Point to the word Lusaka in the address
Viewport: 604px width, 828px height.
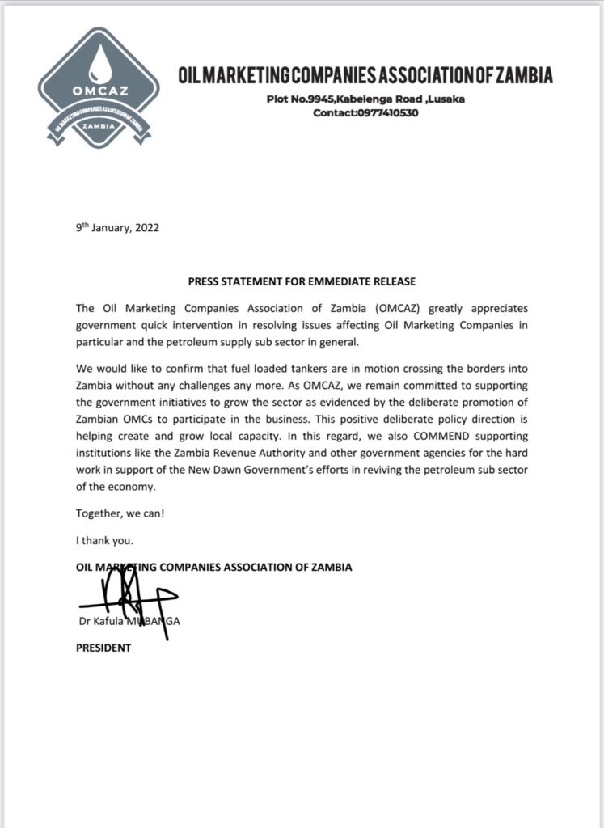(x=446, y=99)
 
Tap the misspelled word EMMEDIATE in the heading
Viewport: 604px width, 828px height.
(x=342, y=282)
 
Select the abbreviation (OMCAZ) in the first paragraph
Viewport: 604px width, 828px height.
(x=396, y=308)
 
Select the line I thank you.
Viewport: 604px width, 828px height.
(x=101, y=539)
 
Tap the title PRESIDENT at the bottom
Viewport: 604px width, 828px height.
(x=103, y=648)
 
